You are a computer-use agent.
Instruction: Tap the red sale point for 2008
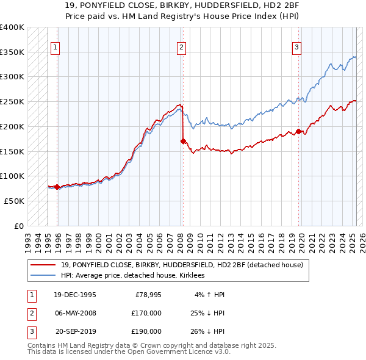183,141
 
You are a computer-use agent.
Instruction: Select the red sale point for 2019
298,131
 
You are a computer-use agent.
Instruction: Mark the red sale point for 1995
57,187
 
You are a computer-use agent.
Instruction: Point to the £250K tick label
12,101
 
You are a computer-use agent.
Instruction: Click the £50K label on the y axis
14,201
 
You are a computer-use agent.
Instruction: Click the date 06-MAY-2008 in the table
75,312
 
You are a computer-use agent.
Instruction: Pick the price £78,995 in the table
146,294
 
